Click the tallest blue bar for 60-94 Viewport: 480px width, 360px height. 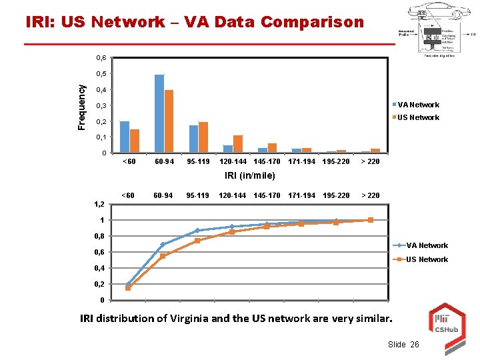coord(159,113)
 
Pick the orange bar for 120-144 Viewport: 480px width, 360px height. coord(238,144)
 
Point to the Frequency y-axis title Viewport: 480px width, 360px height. coord(81,107)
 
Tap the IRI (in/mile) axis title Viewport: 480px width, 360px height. coord(250,175)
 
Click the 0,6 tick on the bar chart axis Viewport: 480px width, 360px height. coord(101,58)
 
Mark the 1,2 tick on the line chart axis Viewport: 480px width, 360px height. coord(97,205)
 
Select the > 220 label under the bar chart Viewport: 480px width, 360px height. coord(370,161)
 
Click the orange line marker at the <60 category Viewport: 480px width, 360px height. coord(128,288)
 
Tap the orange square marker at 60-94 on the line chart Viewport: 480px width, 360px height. coord(163,256)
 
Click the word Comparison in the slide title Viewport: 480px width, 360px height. coord(313,22)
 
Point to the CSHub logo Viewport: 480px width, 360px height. coord(445,320)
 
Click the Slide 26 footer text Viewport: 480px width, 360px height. coord(403,344)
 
